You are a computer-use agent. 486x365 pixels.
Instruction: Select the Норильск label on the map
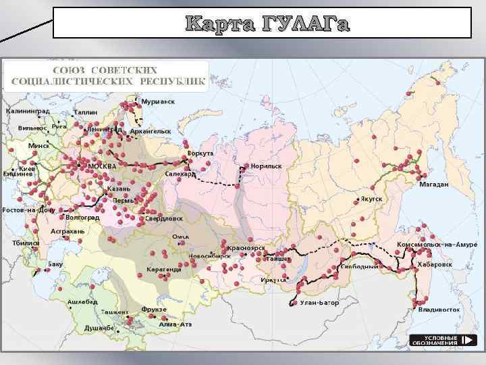[x=266, y=165]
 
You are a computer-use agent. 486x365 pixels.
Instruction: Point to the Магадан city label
[x=433, y=184]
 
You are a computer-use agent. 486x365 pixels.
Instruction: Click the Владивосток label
[x=439, y=309]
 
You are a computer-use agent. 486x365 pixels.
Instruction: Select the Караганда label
[x=164, y=268]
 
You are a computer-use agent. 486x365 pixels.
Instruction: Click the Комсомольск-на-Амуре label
[x=437, y=244]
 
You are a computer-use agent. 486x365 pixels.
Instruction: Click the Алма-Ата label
[x=175, y=324]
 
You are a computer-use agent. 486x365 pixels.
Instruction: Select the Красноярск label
[x=249, y=248]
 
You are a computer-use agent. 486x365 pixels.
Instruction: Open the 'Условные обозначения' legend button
[x=439, y=340]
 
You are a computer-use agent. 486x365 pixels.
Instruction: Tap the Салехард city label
[x=180, y=174]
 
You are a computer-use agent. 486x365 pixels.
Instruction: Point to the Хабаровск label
[x=435, y=264]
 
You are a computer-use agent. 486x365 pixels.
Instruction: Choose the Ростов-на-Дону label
[x=28, y=210]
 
